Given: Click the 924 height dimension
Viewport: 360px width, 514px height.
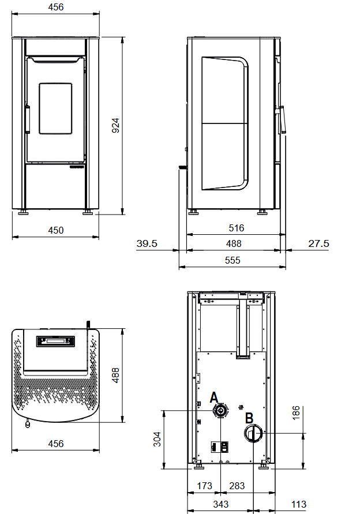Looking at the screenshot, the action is [116, 126].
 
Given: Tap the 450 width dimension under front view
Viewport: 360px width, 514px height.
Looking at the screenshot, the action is [56, 230].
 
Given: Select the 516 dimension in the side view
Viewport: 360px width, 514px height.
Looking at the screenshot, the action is [237, 228].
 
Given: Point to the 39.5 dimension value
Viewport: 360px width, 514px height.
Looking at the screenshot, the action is [147, 243].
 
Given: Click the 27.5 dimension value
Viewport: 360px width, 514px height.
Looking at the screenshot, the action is [318, 243].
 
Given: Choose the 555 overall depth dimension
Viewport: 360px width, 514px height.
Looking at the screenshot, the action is [232, 260].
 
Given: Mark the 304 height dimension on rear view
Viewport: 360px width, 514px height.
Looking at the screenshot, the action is [157, 439].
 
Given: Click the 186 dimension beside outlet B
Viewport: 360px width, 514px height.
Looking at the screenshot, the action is [296, 412].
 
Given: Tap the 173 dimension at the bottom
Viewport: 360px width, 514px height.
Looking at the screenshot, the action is [205, 486].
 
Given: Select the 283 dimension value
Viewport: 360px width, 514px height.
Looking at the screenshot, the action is [237, 486].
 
